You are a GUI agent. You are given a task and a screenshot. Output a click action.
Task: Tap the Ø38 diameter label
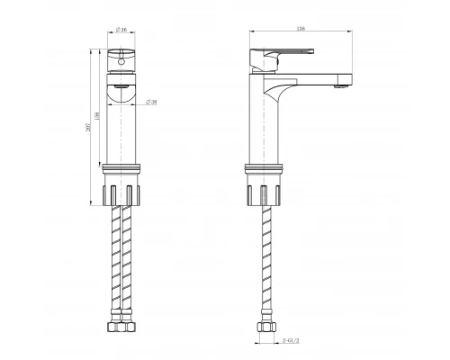click(x=153, y=103)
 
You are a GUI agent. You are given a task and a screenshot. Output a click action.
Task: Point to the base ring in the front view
click(x=124, y=169)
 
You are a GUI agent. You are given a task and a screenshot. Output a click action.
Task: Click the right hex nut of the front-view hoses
click(x=131, y=327)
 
